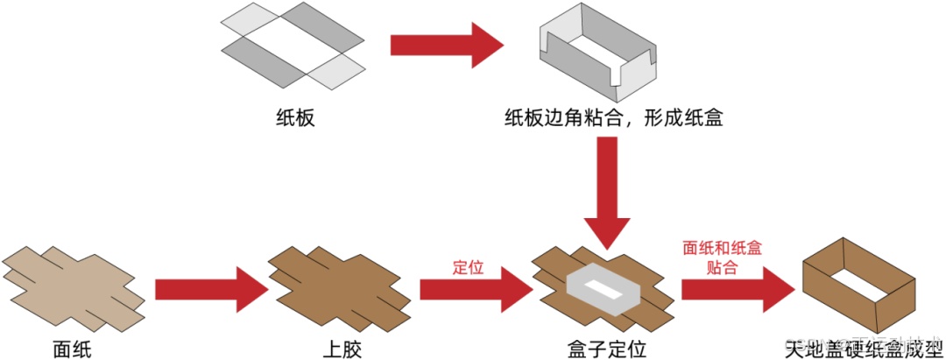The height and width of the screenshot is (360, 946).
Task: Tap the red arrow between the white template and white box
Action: coord(447,46)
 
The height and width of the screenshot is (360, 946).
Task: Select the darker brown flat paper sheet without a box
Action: coord(339,288)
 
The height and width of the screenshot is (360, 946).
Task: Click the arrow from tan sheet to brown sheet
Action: coord(210,289)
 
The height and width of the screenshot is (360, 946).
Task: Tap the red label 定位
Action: coord(468,267)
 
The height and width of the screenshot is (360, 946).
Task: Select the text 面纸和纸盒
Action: coord(722,249)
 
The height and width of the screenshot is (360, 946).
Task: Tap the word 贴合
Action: coord(721,267)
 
